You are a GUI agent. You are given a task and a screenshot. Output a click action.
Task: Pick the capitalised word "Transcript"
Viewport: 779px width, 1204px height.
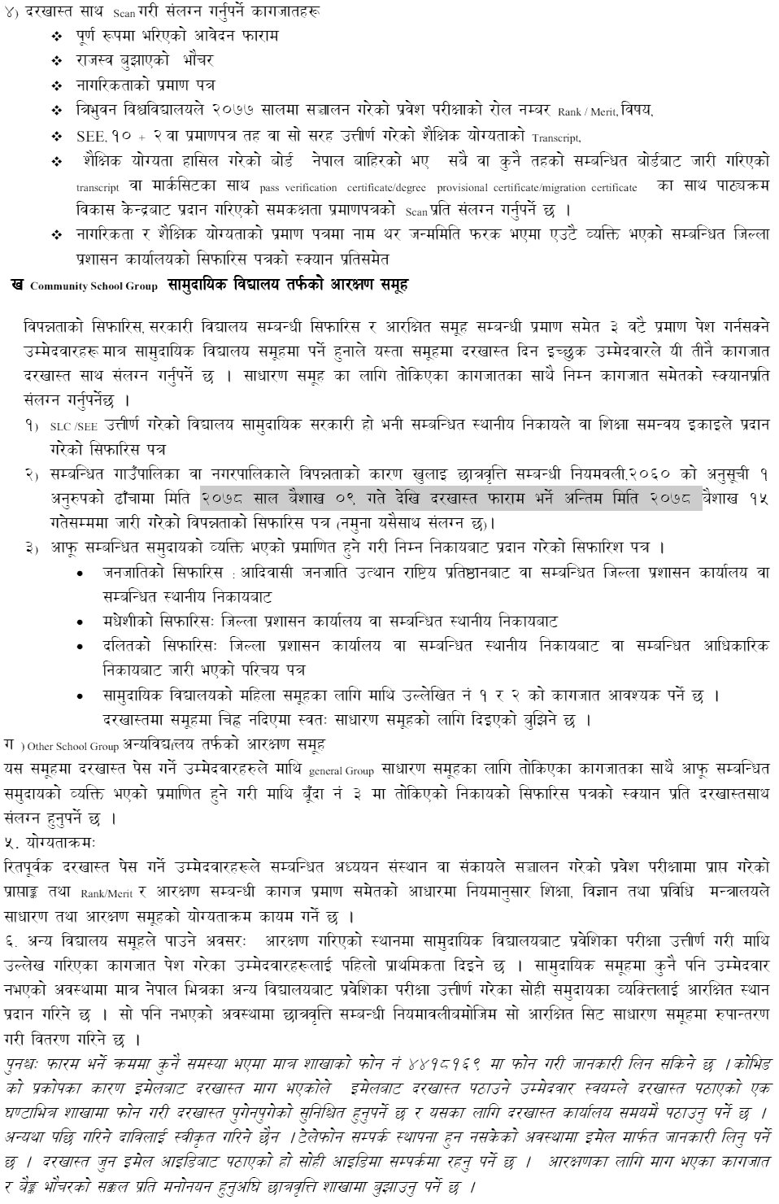(x=556, y=138)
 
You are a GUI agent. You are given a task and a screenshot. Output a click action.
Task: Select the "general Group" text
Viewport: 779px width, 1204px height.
(x=341, y=770)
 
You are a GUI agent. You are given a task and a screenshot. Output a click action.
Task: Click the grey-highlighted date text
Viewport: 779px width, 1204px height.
(x=450, y=496)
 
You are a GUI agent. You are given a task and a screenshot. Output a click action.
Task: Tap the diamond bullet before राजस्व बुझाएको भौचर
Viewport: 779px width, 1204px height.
(x=56, y=61)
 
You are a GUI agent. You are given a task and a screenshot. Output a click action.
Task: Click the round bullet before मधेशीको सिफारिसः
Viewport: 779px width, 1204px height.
(x=79, y=622)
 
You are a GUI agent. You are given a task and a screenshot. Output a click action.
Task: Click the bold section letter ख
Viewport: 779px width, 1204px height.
(x=17, y=285)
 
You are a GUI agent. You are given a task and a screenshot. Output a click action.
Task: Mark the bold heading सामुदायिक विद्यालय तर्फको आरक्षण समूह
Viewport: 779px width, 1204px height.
(x=288, y=285)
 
